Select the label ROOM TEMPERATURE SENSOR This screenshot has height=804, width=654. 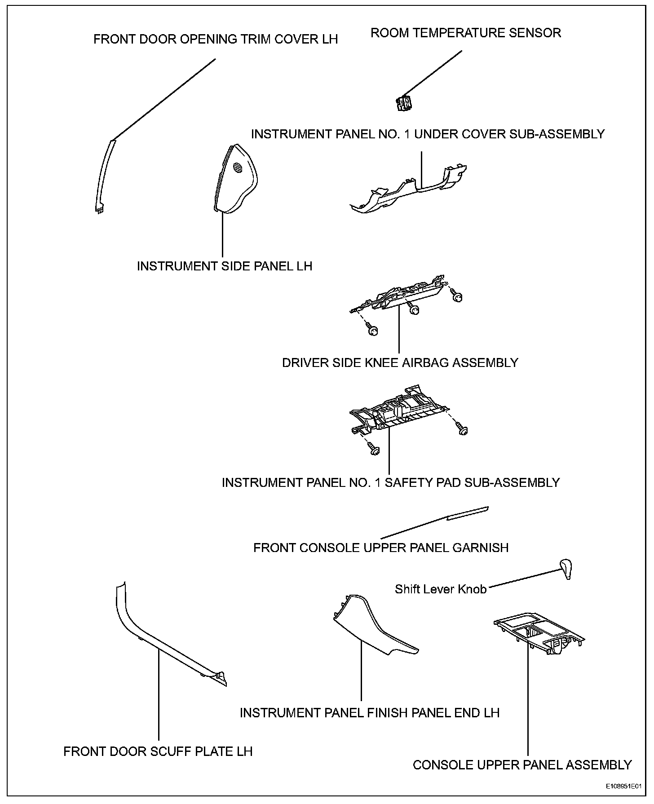465,33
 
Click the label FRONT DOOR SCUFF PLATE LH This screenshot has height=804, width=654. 158,751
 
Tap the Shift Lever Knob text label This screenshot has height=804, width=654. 441,589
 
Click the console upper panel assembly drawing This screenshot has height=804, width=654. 539,634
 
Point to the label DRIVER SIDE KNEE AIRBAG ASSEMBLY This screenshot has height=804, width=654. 400,362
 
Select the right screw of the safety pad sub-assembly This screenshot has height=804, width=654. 463,430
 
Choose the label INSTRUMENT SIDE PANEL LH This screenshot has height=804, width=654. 224,266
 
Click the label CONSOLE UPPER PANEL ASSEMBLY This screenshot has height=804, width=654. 522,764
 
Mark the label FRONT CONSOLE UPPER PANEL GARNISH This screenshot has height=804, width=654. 381,548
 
